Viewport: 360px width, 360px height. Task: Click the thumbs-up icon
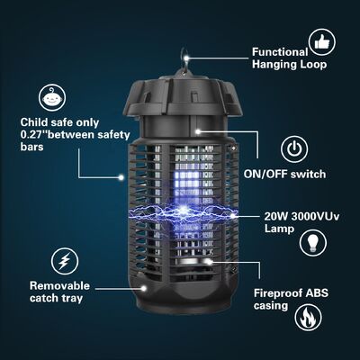tap(319, 40)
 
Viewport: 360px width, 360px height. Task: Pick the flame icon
tap(308, 316)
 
